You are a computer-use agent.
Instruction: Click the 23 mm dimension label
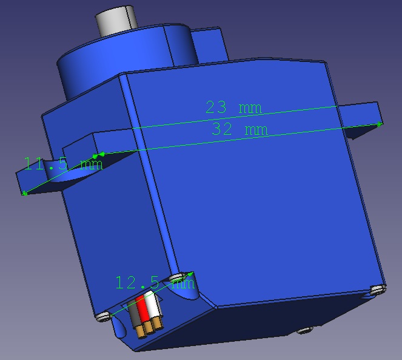pyautogui.click(x=233, y=107)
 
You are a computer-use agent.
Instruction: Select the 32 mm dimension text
pyautogui.click(x=240, y=129)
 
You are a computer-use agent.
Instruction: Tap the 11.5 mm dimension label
pyautogui.click(x=63, y=163)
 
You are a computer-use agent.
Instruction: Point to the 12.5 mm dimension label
pyautogui.click(x=155, y=282)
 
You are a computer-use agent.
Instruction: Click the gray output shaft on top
pyautogui.click(x=117, y=21)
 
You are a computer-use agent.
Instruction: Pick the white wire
pyautogui.click(x=153, y=305)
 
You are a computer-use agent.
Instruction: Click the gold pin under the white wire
pyautogui.click(x=158, y=324)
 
